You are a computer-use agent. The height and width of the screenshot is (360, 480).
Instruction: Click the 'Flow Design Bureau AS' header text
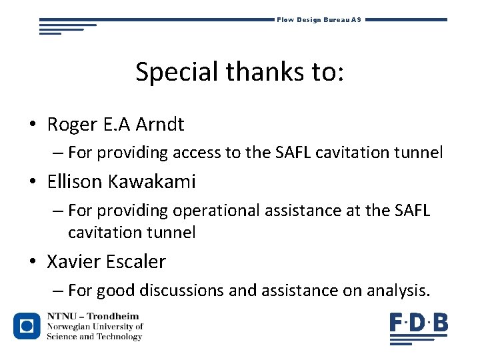click(x=319, y=20)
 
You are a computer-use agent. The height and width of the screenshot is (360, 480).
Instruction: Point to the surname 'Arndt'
click(x=160, y=124)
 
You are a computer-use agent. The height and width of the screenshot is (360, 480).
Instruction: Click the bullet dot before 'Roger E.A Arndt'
click(x=32, y=125)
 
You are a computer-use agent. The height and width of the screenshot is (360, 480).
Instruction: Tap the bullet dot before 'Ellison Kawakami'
click(x=32, y=183)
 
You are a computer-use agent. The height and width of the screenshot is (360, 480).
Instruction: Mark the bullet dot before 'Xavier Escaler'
click(x=32, y=263)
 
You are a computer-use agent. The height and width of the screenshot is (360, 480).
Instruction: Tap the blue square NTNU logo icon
click(x=27, y=326)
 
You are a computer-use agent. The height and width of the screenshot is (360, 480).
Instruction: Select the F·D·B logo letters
click(x=419, y=324)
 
